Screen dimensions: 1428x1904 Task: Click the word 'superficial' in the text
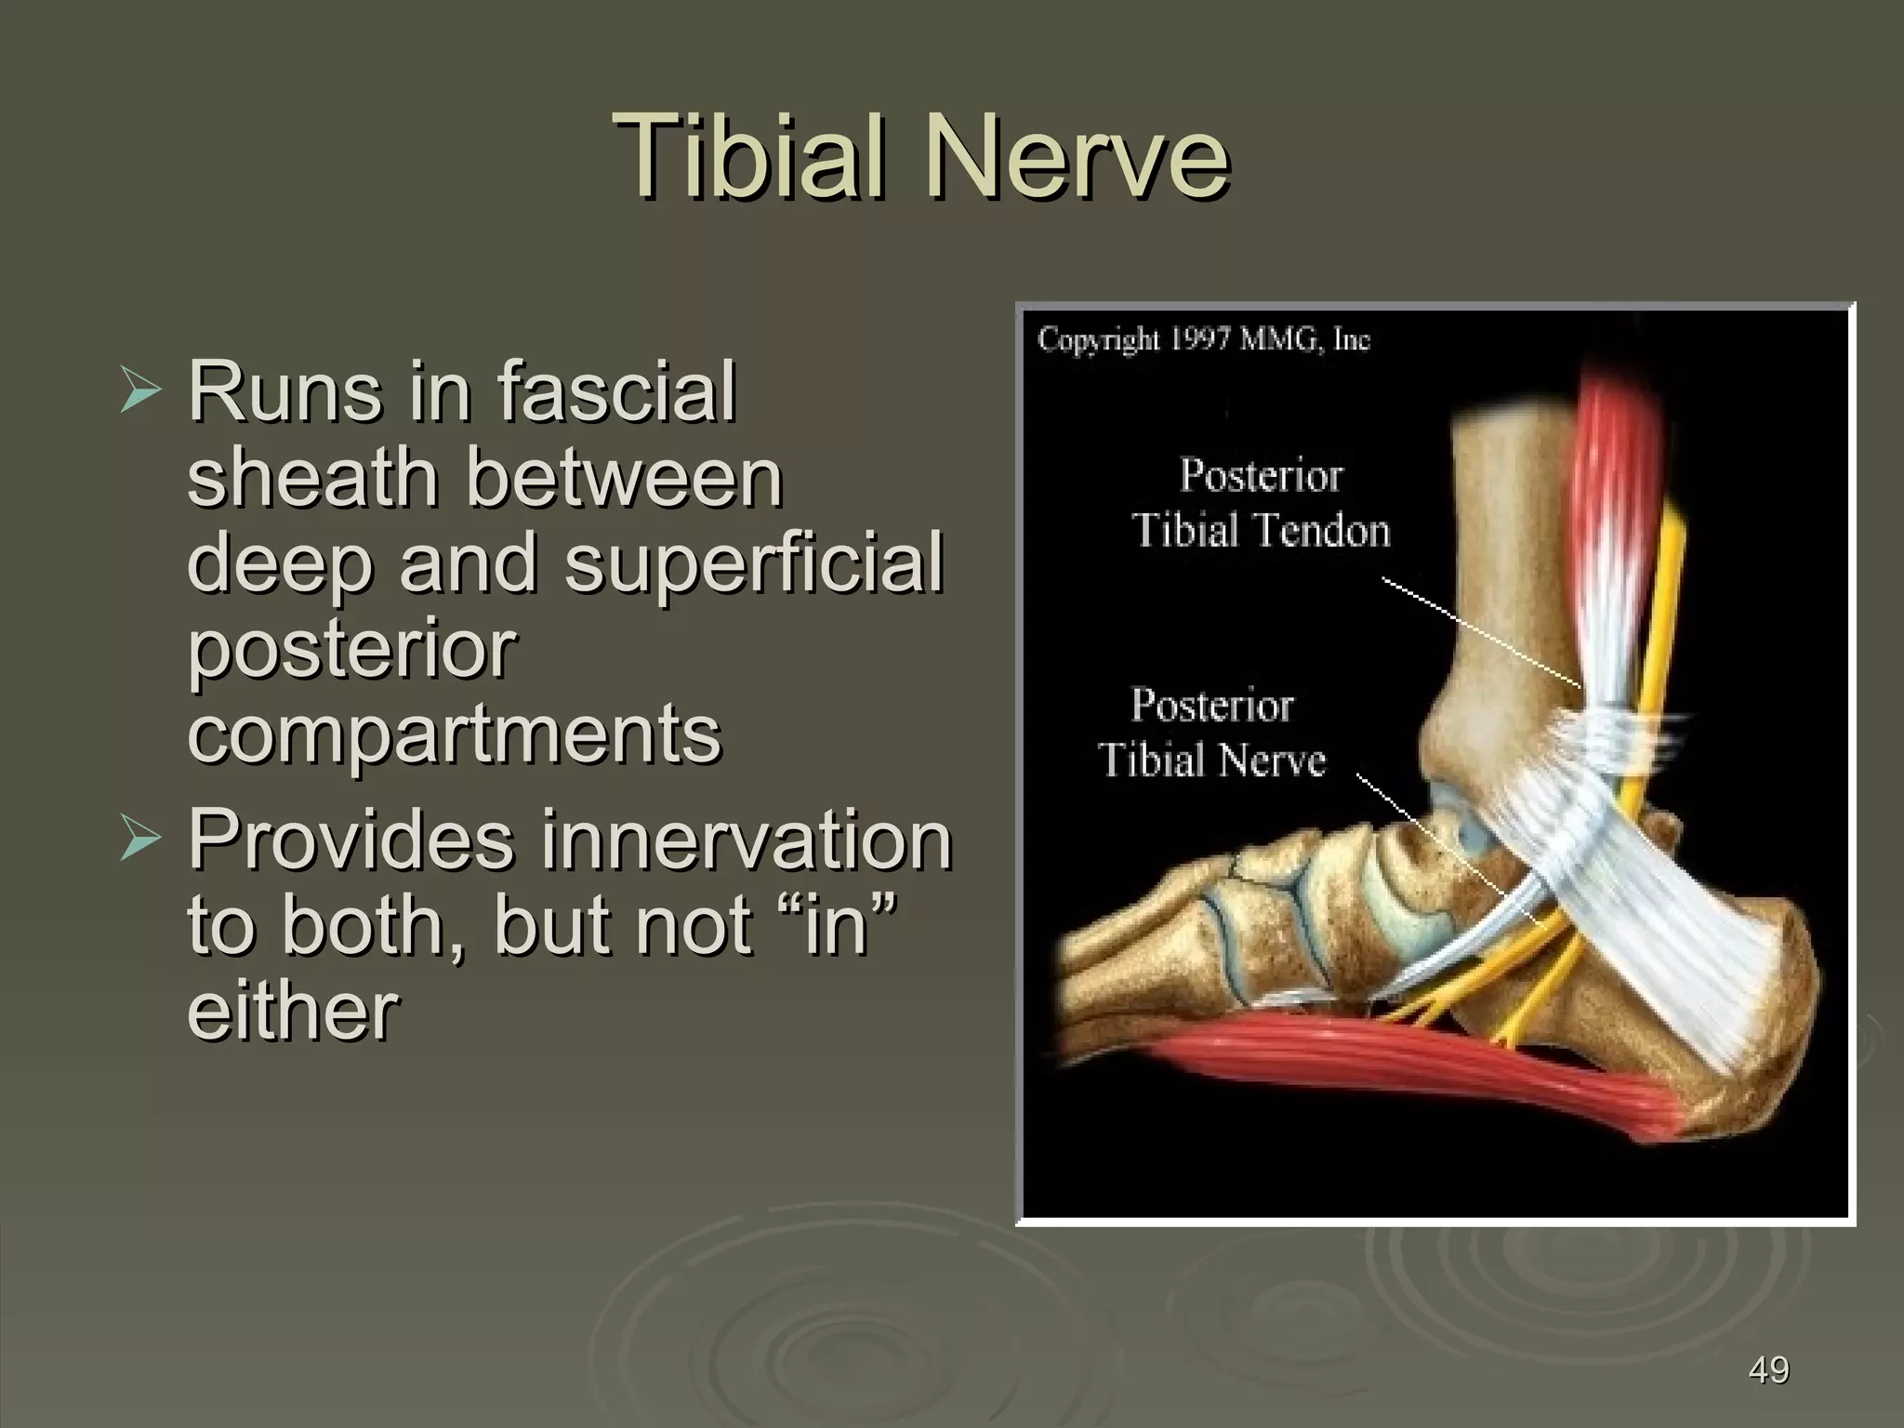(754, 563)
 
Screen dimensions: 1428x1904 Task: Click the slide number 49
(1768, 1370)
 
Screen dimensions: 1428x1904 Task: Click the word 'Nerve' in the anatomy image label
(1270, 760)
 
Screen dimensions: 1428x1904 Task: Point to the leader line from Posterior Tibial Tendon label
(1478, 632)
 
